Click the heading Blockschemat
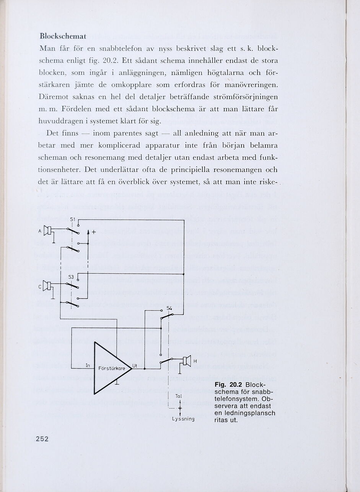tap(63, 36)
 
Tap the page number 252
tap(42, 439)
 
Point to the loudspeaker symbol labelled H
tap(186, 360)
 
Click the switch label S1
tap(72, 219)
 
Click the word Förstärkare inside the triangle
tap(112, 369)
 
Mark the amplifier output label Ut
tap(135, 366)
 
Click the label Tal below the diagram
tap(178, 396)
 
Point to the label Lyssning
tap(183, 419)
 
